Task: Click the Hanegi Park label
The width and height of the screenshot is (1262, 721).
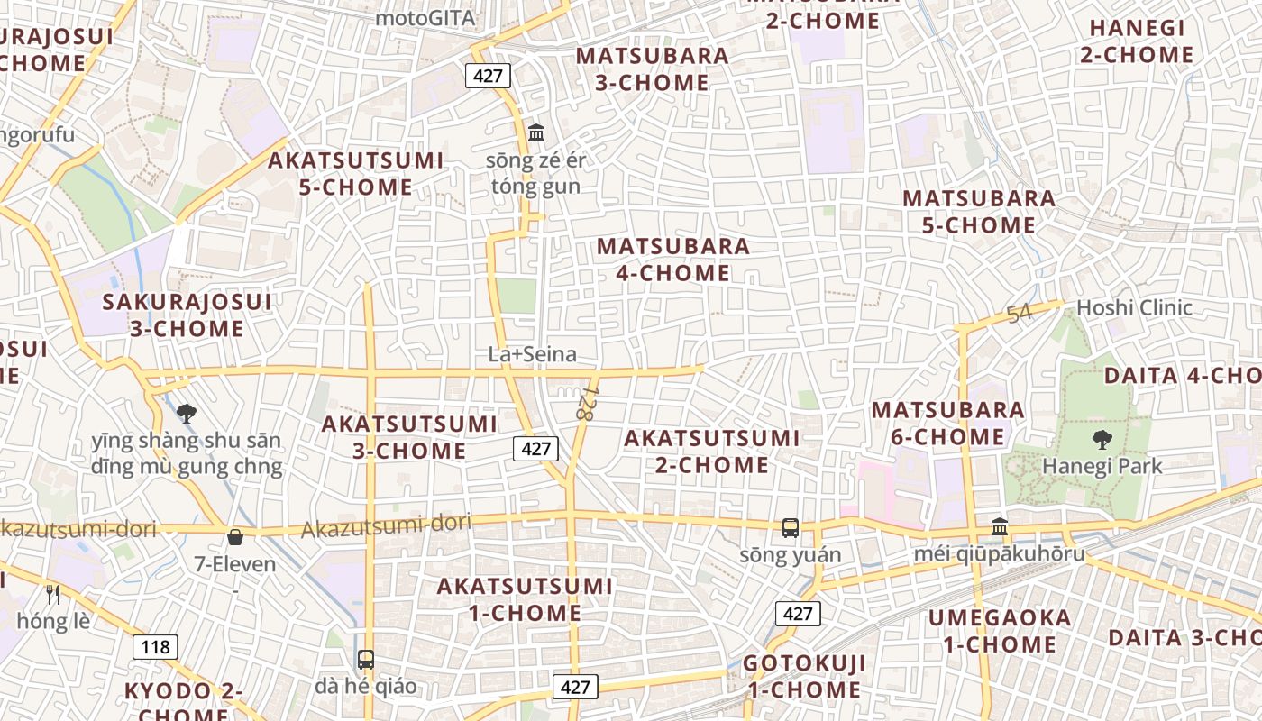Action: (x=1102, y=466)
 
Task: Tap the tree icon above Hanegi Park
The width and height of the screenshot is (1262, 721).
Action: (x=1102, y=440)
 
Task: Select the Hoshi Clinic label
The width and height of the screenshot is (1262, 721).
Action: (x=1134, y=307)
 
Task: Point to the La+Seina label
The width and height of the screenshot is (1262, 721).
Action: (x=532, y=354)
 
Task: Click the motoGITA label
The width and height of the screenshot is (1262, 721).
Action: (x=425, y=18)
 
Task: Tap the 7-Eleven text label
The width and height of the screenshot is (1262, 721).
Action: (x=235, y=564)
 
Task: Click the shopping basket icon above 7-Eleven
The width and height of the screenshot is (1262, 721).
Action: (x=235, y=538)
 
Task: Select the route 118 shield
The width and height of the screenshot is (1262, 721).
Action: (x=156, y=646)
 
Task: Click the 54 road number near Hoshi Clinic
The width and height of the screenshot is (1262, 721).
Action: (x=1019, y=315)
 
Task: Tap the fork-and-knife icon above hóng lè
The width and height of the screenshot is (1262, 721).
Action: (x=53, y=594)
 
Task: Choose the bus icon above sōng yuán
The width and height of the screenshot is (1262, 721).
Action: (x=790, y=528)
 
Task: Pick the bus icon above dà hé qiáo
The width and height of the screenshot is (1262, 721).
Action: (x=365, y=660)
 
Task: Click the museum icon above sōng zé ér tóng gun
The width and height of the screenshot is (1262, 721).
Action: (x=536, y=133)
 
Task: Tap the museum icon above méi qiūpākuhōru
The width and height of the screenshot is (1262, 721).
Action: (x=999, y=526)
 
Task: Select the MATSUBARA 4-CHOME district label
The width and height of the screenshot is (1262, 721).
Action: (x=673, y=259)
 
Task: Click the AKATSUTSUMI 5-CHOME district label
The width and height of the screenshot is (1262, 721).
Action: (x=356, y=174)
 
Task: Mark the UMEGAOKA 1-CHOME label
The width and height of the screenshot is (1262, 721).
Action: (x=1000, y=631)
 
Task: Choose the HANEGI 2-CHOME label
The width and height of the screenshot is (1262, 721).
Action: (x=1137, y=41)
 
